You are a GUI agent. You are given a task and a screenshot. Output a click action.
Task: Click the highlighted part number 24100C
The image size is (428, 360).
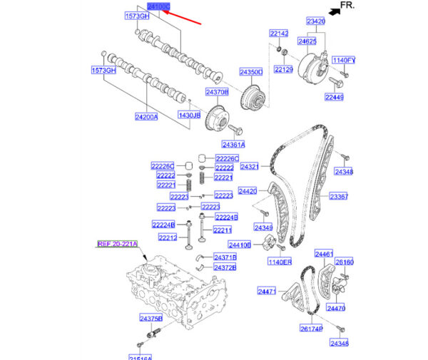click(x=158, y=6)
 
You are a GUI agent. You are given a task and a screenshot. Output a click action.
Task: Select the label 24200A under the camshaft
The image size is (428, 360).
click(x=146, y=116)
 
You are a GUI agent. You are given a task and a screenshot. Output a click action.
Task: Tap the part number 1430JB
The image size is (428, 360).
click(x=190, y=115)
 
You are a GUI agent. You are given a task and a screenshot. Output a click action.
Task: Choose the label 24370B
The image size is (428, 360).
click(x=217, y=92)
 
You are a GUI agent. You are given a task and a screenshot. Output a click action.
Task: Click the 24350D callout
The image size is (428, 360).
click(x=251, y=72)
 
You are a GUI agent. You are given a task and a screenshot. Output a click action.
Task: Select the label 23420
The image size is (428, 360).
click(x=316, y=22)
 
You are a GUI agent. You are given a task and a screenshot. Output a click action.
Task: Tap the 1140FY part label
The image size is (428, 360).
click(x=344, y=61)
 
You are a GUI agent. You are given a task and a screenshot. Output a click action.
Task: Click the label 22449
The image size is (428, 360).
click(x=335, y=97)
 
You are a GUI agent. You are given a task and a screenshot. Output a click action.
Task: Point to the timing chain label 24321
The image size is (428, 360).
click(x=249, y=167)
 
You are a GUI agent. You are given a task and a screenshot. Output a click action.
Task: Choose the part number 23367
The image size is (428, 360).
click(x=338, y=196)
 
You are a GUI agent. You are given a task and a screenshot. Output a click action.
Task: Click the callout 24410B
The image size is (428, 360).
click(x=240, y=245)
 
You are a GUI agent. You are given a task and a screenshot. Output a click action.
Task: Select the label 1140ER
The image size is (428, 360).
click(x=280, y=262)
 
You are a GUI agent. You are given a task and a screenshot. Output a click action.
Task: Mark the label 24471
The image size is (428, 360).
click(x=267, y=292)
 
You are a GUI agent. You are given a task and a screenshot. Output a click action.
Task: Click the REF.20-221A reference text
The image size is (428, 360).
click(x=118, y=244)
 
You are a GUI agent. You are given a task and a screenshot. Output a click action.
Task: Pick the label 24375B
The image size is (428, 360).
click(x=151, y=318)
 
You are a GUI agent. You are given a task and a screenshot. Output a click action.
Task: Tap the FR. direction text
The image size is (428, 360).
click(x=347, y=5)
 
